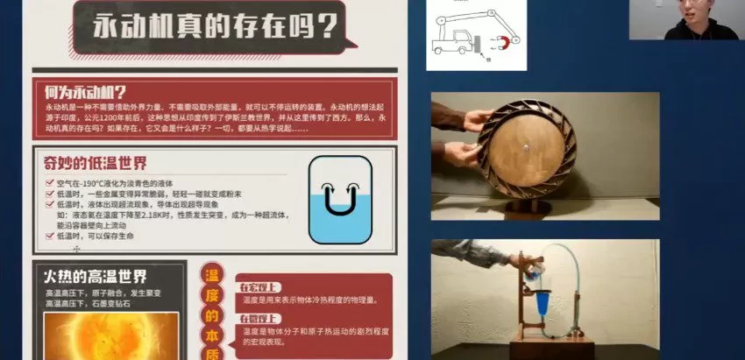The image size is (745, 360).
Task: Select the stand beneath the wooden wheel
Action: [523, 208]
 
